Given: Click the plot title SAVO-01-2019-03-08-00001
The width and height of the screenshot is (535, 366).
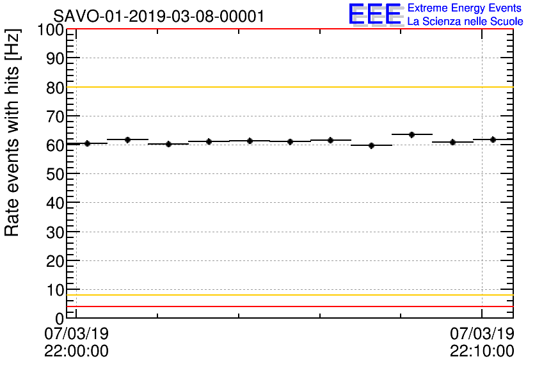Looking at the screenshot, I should pyautogui.click(x=158, y=17).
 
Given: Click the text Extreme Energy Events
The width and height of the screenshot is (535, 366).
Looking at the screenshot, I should pyautogui.click(x=465, y=8).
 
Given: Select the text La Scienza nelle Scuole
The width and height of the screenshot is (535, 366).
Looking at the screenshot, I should pyautogui.click(x=465, y=21).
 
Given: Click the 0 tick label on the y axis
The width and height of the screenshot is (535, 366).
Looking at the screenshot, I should pyautogui.click(x=60, y=318).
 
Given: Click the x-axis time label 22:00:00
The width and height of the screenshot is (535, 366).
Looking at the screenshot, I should pyautogui.click(x=76, y=351).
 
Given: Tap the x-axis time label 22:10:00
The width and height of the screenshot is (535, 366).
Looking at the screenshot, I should pyautogui.click(x=482, y=351).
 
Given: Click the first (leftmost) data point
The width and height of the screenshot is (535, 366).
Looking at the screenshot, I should pyautogui.click(x=87, y=143).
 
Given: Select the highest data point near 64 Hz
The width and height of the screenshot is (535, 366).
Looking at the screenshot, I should pyautogui.click(x=411, y=134).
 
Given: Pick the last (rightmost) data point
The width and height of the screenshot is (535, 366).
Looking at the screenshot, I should pyautogui.click(x=493, y=139).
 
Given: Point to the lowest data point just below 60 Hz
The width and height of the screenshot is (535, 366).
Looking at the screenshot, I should pyautogui.click(x=371, y=145).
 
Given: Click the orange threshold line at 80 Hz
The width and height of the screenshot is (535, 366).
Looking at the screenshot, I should pyautogui.click(x=288, y=87).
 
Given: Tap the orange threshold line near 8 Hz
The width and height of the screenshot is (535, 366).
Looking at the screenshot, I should pyautogui.click(x=288, y=295).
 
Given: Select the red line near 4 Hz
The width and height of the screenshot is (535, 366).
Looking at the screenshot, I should pyautogui.click(x=288, y=306).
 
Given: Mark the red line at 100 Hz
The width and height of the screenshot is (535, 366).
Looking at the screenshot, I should pyautogui.click(x=288, y=29).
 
